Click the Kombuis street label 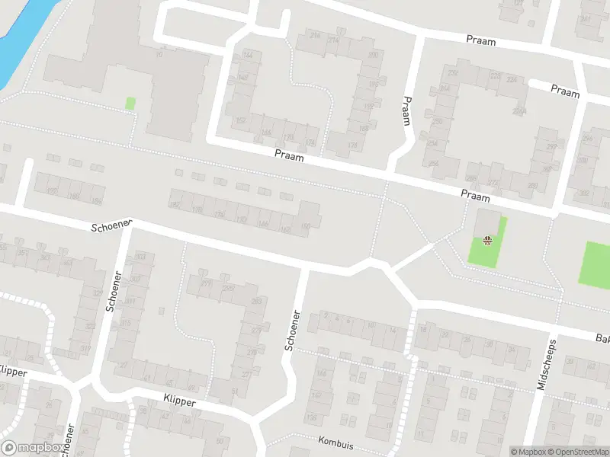(338, 440)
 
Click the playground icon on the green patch (487, 241)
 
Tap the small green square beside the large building (130, 103)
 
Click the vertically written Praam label (407, 110)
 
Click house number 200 (374, 56)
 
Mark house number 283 (255, 302)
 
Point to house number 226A (519, 111)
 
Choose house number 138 (311, 418)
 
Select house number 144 (247, 54)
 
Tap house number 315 (124, 324)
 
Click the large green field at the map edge (596, 264)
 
